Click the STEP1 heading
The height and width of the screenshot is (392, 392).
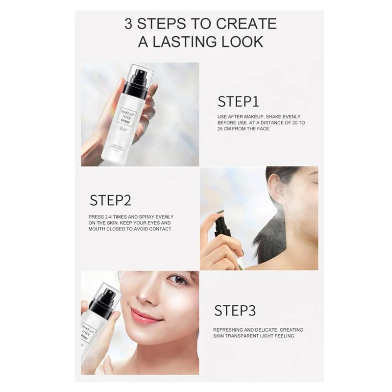point(238,101)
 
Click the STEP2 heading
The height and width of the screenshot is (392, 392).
point(110,200)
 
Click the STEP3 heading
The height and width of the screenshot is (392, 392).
point(235,311)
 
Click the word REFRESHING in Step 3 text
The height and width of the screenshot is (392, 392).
point(230,330)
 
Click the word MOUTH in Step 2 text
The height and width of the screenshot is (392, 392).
point(98,229)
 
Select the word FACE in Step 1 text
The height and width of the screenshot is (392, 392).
point(262,129)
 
